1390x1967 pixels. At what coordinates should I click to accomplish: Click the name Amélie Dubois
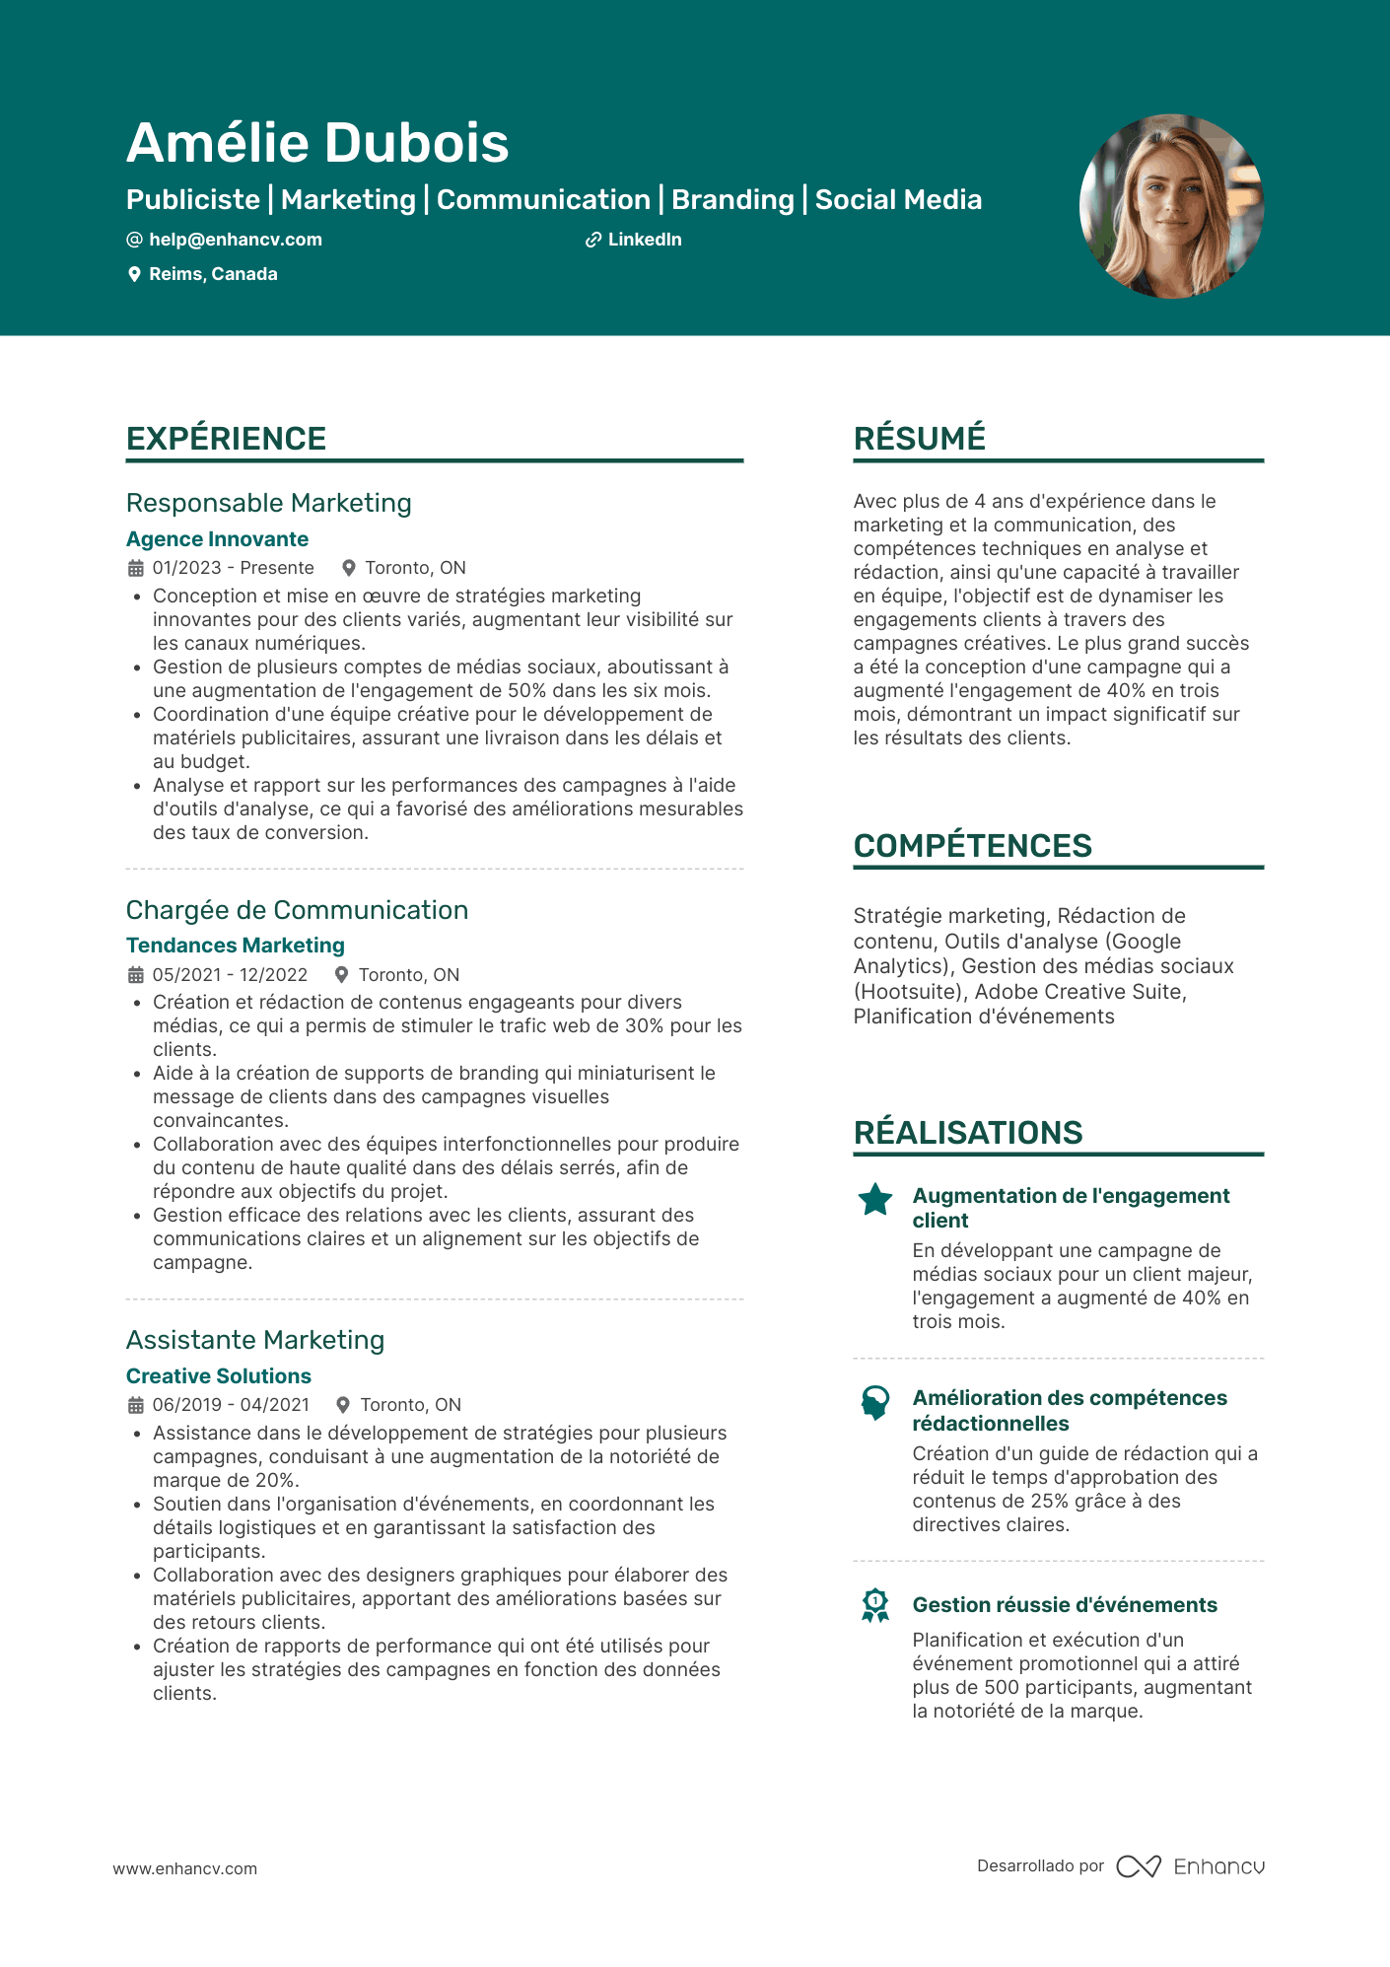tap(317, 143)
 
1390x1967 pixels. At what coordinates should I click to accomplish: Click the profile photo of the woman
tap(1171, 206)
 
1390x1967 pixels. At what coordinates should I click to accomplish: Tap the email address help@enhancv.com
tap(235, 240)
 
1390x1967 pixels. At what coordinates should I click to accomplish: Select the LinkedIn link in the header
tap(644, 240)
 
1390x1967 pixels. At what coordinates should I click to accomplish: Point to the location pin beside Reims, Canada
tap(135, 275)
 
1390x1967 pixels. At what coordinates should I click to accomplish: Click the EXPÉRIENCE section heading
tap(226, 439)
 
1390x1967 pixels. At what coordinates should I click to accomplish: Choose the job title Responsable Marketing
tap(268, 503)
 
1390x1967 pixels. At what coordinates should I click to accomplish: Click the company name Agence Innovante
tap(217, 539)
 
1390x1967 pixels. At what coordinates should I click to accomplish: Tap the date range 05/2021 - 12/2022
tap(230, 975)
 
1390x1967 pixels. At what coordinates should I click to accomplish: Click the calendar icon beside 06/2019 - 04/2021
tap(136, 1405)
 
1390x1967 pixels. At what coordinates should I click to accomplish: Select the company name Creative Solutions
tap(218, 1376)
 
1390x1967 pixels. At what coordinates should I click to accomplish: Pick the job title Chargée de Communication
tap(297, 910)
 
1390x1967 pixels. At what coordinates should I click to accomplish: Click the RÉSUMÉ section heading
tap(919, 439)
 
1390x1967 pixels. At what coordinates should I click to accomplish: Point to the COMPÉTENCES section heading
tap(972, 846)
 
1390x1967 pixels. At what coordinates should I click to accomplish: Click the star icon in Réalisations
tap(875, 1200)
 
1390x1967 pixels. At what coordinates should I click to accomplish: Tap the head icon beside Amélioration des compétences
tap(875, 1402)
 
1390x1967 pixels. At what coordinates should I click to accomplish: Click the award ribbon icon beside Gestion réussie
tap(875, 1605)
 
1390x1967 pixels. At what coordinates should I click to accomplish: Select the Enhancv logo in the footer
tap(1190, 1866)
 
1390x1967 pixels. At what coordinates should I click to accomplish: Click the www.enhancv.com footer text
tap(185, 1868)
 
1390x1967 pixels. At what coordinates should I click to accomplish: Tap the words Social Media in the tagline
tap(898, 200)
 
